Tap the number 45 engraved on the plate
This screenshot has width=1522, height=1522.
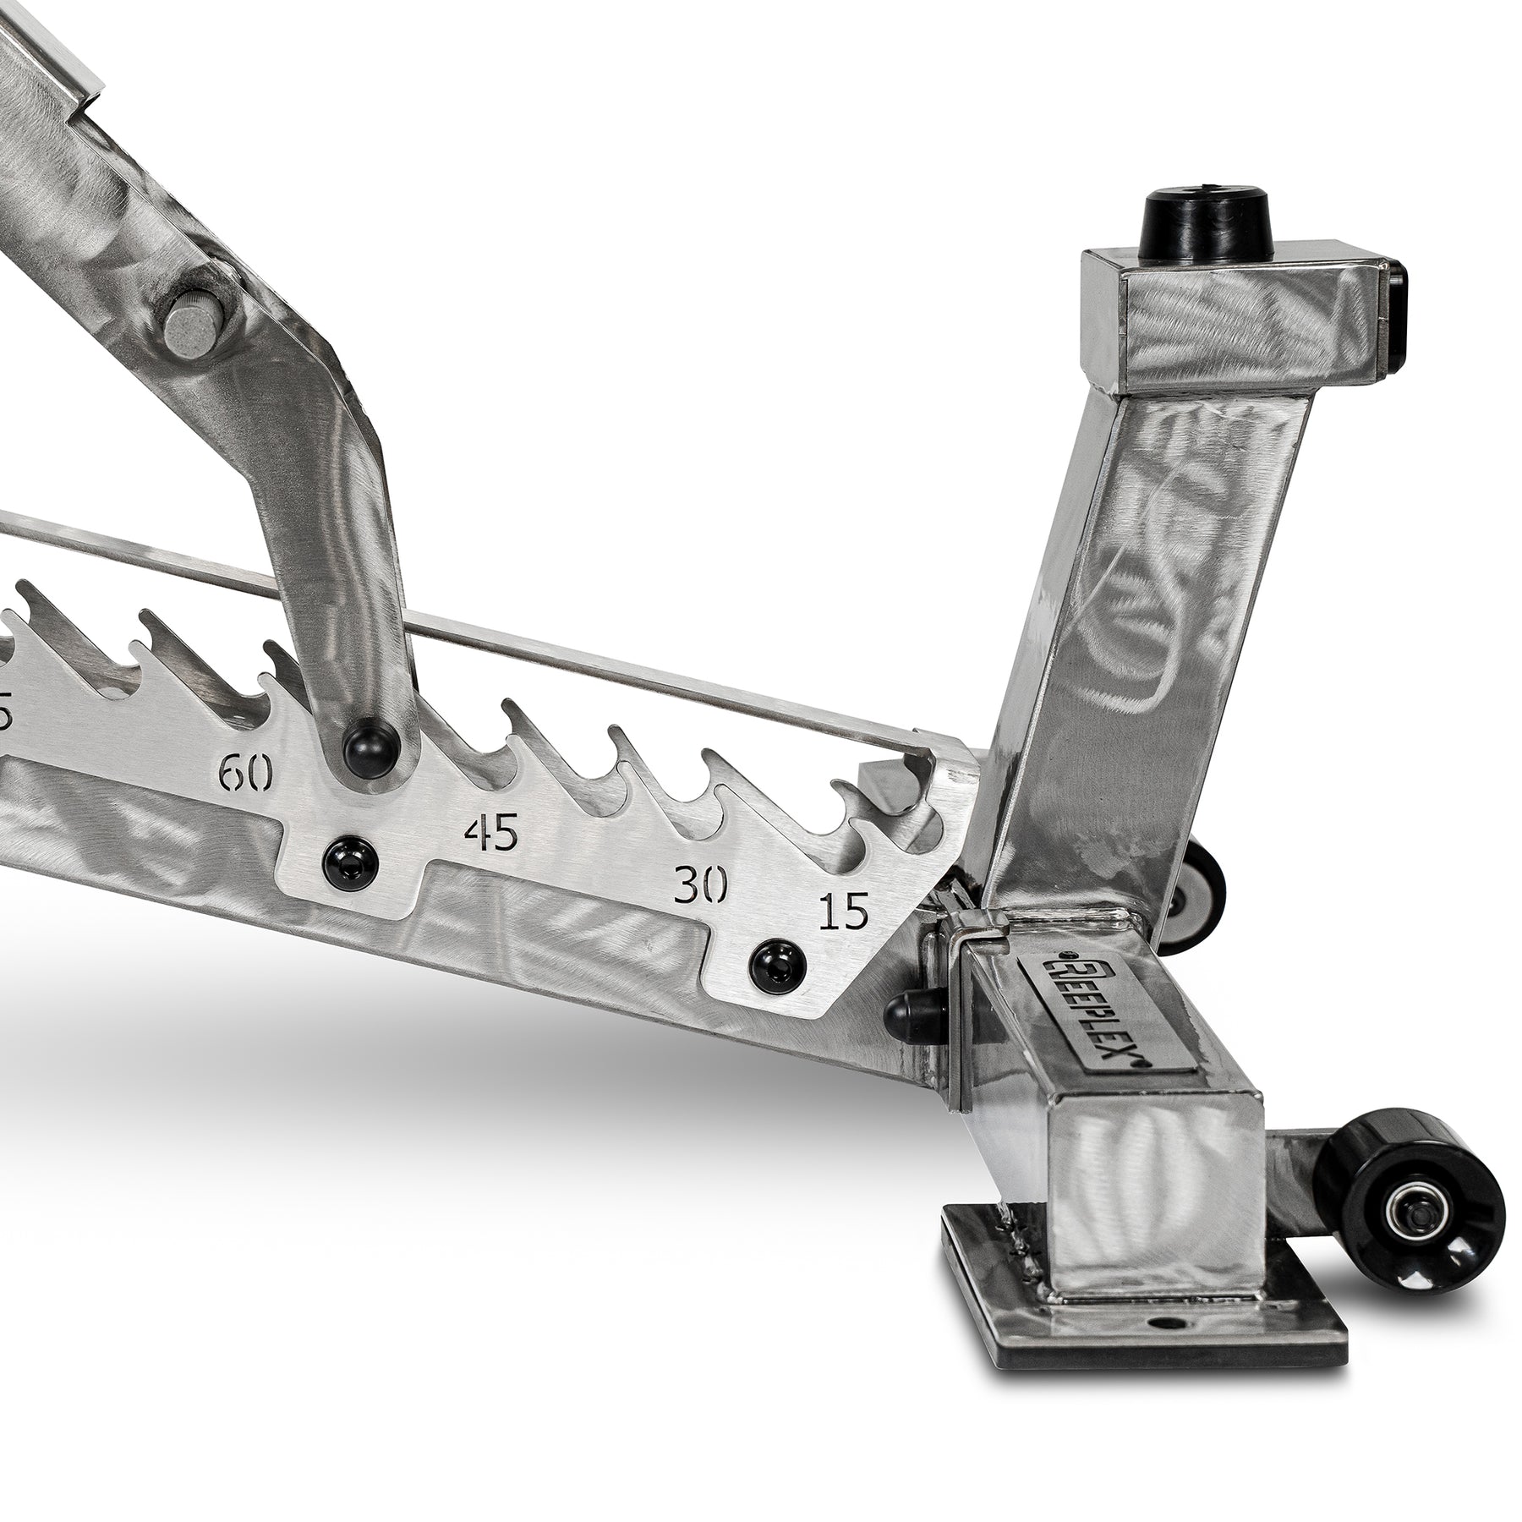(x=490, y=835)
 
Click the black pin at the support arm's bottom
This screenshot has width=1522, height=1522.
(x=370, y=745)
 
